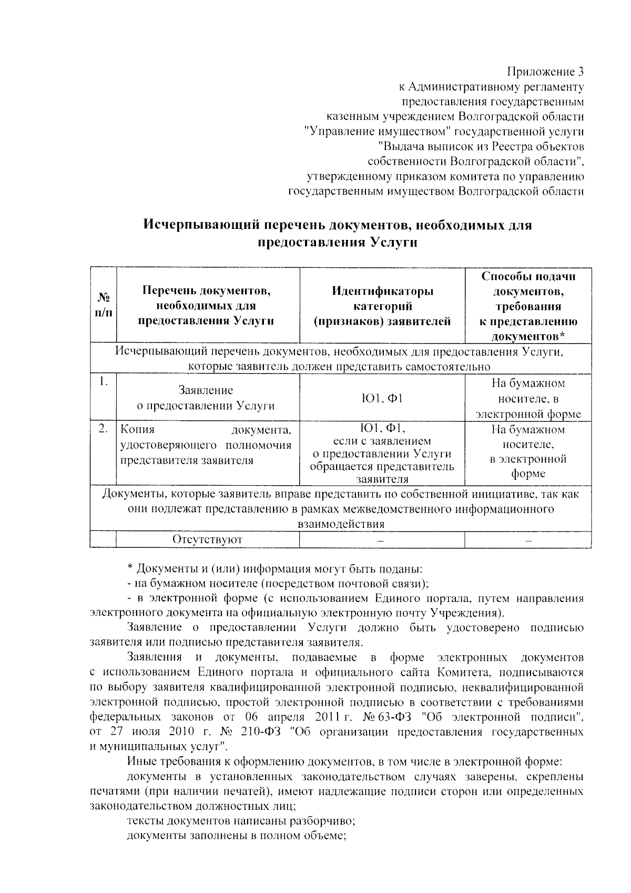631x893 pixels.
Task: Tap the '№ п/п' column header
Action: click(103, 305)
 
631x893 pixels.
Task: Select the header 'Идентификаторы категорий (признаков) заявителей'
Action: click(382, 306)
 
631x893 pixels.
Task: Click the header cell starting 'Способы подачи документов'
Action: click(528, 306)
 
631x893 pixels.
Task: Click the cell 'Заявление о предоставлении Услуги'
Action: click(206, 398)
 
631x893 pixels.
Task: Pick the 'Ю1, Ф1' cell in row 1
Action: click(382, 398)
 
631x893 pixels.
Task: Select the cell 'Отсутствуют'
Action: click(207, 539)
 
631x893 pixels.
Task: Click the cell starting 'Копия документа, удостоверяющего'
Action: click(206, 445)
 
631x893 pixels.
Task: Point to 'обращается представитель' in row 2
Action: click(382, 466)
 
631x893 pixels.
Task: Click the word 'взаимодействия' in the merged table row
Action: click(341, 524)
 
